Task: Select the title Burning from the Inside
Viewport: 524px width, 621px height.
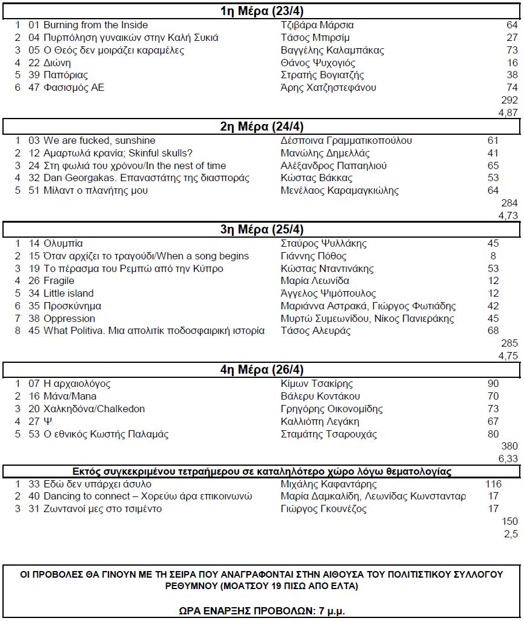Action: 95,25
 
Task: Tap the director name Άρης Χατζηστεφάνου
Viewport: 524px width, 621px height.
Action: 328,88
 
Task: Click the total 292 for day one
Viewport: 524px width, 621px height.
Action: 509,100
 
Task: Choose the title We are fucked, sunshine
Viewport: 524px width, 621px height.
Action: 99,141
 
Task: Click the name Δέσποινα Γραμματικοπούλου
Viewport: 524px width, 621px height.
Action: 346,141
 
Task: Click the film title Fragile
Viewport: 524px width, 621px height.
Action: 59,281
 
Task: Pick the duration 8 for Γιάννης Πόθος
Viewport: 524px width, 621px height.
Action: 494,256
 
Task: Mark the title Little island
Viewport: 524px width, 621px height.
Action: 69,294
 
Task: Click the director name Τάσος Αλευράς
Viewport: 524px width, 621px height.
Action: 316,331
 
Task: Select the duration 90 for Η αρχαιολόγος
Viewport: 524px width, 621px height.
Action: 493,384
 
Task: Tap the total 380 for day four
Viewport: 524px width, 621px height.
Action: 509,446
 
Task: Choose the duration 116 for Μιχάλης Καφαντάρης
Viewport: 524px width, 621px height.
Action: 493,484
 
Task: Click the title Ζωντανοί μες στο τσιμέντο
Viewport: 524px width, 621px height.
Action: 102,509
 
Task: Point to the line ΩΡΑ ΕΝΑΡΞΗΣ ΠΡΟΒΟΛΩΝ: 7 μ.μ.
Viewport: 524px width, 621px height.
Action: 261,610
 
